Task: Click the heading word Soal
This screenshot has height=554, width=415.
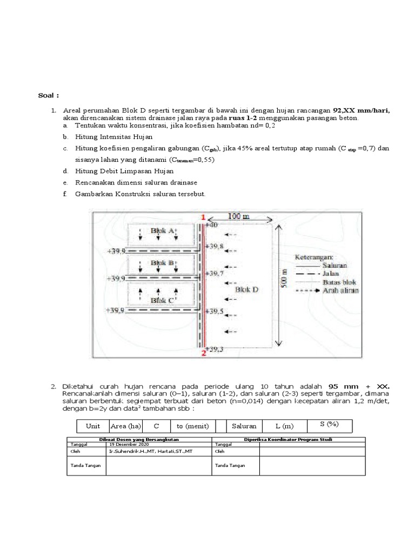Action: coord(47,96)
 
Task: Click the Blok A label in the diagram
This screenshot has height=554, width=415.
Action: coord(163,230)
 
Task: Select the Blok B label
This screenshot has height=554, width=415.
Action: coord(162,263)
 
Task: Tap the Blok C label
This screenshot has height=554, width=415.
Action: coord(162,299)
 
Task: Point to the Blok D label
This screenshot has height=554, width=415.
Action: coord(247,289)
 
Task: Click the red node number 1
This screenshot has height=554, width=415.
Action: coord(203,217)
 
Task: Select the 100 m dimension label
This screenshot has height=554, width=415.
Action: coord(239,216)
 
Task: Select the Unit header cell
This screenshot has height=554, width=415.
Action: coord(93,426)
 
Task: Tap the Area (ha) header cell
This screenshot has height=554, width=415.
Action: coord(125,426)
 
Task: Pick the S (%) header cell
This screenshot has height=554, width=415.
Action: coord(322,425)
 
